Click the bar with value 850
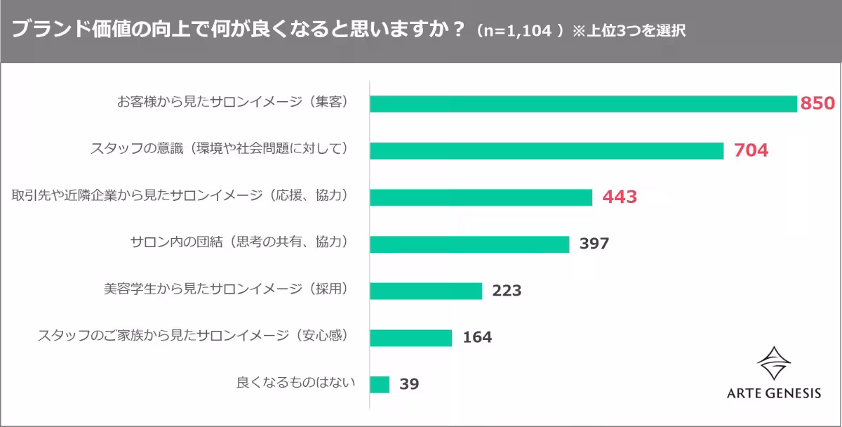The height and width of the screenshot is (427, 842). point(583,103)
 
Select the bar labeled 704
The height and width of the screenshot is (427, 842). point(546,150)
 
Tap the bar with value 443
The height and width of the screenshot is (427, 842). point(481,197)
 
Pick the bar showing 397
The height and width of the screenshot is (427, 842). point(469,244)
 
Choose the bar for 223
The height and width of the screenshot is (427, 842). point(425,291)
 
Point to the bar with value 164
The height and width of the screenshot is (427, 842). point(410,338)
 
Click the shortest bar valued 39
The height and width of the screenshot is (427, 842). point(379,384)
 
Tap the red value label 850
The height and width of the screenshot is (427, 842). point(817,104)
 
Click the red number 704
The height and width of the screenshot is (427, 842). point(751,150)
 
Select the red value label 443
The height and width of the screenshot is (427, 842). point(620,197)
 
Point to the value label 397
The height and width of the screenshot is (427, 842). point(594,244)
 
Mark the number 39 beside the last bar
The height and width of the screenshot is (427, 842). point(409,385)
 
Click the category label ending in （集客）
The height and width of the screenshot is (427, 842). point(232,103)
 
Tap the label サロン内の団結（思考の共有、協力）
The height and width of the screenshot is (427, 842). point(239,243)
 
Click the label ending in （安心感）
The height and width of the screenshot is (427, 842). point(193,336)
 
